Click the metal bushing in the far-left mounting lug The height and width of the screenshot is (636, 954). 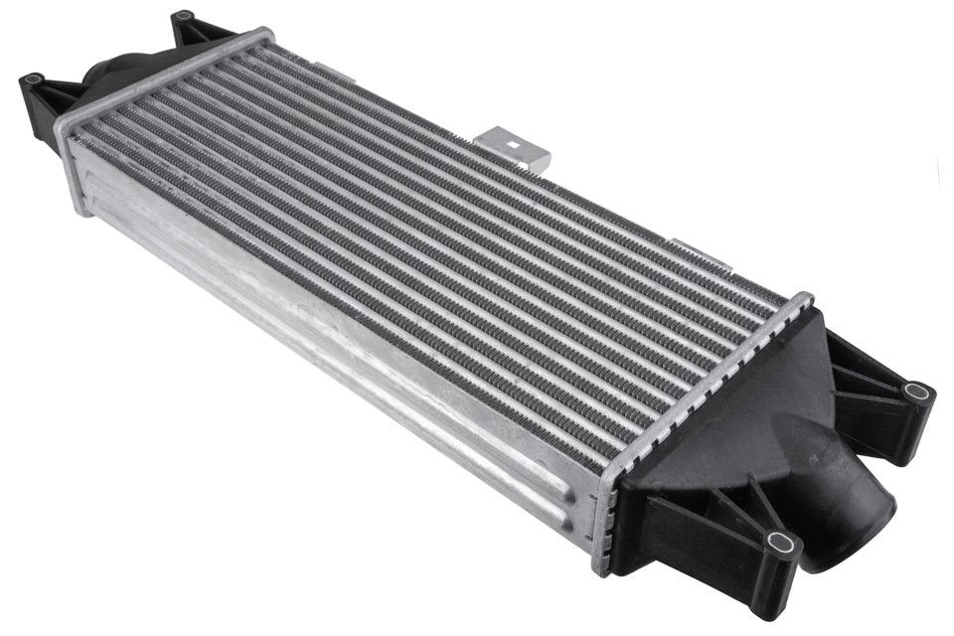pyautogui.click(x=33, y=79)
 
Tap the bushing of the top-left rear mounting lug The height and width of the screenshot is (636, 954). pyautogui.click(x=183, y=17)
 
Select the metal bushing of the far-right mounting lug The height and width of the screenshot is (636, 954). pyautogui.click(x=917, y=391)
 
